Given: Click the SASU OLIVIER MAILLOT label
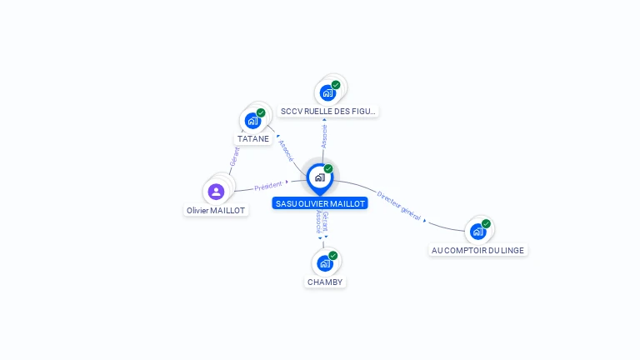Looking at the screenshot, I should pyautogui.click(x=319, y=203).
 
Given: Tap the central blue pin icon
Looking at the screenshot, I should pyautogui.click(x=319, y=177).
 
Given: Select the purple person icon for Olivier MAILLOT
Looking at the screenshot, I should pyautogui.click(x=217, y=192).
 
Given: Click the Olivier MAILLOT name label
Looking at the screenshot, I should pyautogui.click(x=216, y=211).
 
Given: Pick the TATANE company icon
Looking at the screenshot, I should pyautogui.click(x=252, y=121).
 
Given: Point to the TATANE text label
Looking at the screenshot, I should pyautogui.click(x=253, y=139).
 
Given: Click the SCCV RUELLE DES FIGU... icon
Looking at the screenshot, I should pyautogui.click(x=327, y=92).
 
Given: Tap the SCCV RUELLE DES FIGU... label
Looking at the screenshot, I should pyautogui.click(x=328, y=111).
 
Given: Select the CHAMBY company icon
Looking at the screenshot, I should pyautogui.click(x=325, y=263).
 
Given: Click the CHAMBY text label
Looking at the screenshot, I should pyautogui.click(x=325, y=282).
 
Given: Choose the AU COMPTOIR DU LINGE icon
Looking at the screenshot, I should pyautogui.click(x=477, y=231).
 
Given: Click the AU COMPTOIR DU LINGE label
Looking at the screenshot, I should pyautogui.click(x=479, y=250).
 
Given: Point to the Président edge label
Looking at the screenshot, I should pyautogui.click(x=268, y=186).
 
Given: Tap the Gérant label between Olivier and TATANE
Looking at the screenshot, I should pyautogui.click(x=234, y=155).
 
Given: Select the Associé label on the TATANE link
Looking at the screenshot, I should pyautogui.click(x=286, y=150).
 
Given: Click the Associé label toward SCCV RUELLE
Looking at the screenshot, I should pyautogui.click(x=324, y=135).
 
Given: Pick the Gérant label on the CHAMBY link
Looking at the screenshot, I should pyautogui.click(x=325, y=221).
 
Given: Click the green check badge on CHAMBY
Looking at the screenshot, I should pyautogui.click(x=333, y=256).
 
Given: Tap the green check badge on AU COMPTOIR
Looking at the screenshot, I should pyautogui.click(x=486, y=223).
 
